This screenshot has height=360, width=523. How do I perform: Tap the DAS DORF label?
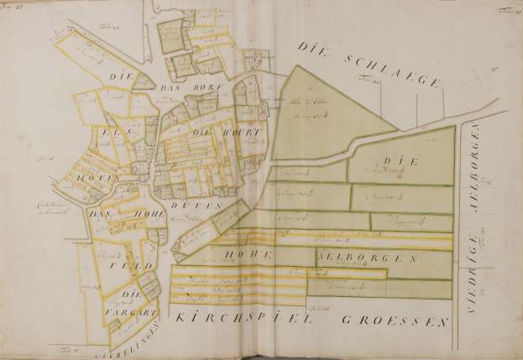[x=190, y=89]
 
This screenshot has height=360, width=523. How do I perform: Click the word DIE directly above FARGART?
[x=129, y=295]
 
